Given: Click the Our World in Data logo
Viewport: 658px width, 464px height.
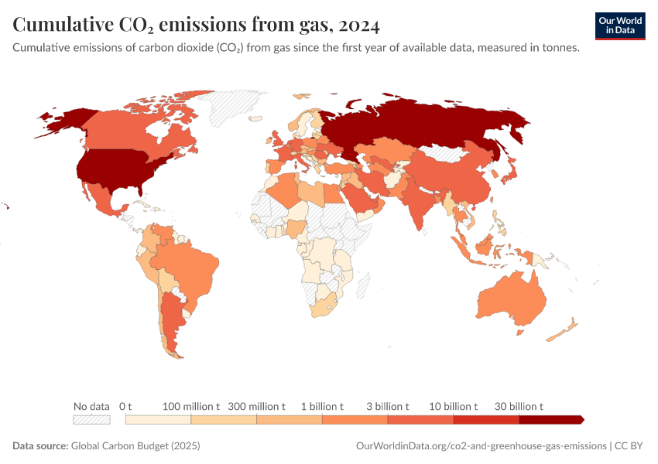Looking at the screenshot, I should click(x=619, y=26).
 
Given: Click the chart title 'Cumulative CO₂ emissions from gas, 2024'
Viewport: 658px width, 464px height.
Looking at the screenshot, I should click(x=196, y=26).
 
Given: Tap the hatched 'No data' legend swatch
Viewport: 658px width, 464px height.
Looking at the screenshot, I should click(x=91, y=420).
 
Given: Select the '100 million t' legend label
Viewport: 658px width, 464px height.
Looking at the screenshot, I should click(x=191, y=406).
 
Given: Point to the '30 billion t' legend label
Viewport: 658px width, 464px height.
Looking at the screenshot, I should click(x=519, y=406).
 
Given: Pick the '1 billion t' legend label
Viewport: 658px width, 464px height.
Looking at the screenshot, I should click(x=322, y=406).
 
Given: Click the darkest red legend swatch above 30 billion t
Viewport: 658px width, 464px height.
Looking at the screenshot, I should click(x=550, y=420).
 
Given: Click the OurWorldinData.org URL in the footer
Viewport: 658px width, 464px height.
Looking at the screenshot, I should click(x=481, y=446).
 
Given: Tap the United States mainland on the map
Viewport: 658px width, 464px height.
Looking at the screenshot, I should click(x=116, y=170).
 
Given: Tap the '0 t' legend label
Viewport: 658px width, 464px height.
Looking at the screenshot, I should click(x=125, y=406).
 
